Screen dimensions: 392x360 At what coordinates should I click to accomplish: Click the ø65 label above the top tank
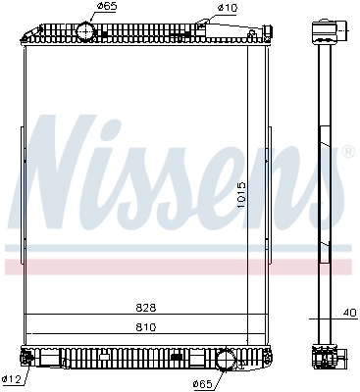pyautogui.click(x=107, y=7)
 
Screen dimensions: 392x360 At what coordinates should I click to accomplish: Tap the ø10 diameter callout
pyautogui.click(x=228, y=7)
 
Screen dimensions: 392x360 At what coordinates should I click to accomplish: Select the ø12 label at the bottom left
pyautogui.click(x=11, y=379)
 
